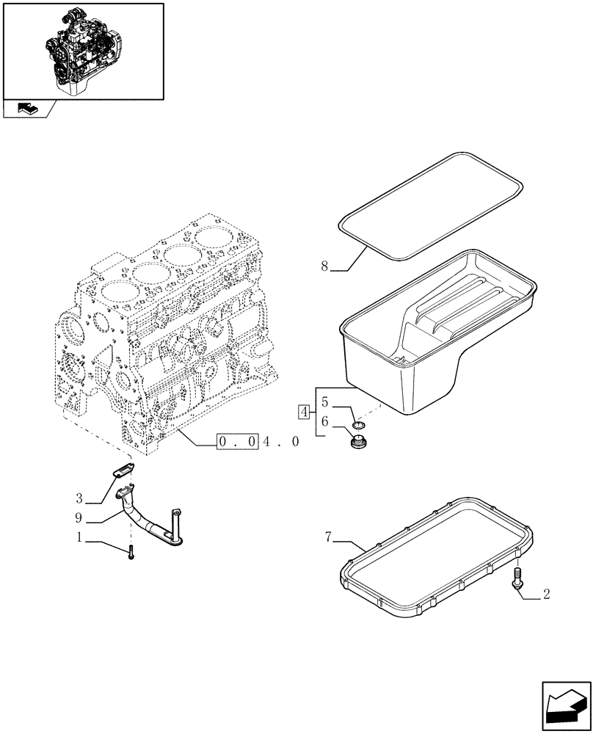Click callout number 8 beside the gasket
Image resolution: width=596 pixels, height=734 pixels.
click(324, 266)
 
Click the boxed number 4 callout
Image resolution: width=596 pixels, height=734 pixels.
click(303, 412)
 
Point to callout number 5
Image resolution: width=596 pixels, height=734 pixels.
click(324, 403)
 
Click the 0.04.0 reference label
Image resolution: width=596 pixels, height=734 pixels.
click(258, 443)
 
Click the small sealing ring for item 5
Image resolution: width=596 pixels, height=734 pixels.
click(360, 424)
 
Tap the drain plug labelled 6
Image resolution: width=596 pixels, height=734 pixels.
click(360, 443)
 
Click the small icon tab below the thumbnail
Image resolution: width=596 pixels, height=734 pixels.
click(27, 109)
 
